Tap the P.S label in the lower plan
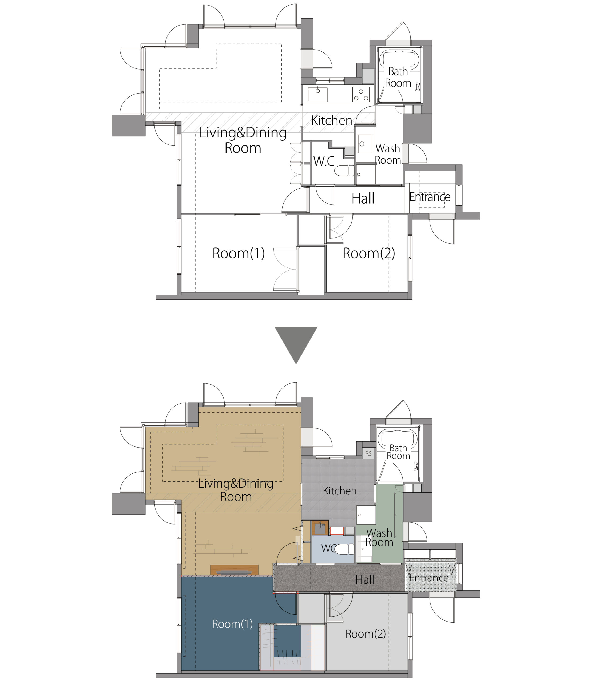[x=368, y=454]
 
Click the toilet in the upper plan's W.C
[x=344, y=170]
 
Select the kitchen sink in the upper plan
[x=317, y=95]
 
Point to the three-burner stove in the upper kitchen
[x=361, y=94]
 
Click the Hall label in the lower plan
[x=365, y=580]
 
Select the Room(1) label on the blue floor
[x=232, y=624]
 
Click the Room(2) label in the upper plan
[x=369, y=253]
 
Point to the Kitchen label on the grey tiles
[x=340, y=491]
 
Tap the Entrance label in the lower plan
[x=429, y=578]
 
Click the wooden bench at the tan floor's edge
[x=234, y=570]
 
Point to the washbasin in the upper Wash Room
[x=365, y=144]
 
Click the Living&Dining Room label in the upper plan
[x=243, y=140]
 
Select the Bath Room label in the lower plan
[x=398, y=452]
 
